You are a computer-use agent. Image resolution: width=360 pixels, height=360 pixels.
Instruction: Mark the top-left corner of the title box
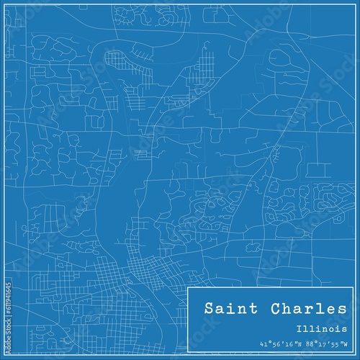(188, 287)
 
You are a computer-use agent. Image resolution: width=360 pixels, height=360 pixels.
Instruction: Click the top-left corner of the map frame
(9, 9)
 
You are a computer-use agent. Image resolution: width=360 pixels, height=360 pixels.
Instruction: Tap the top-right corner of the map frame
(351, 9)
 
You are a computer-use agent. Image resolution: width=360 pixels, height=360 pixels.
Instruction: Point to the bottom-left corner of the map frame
(9, 351)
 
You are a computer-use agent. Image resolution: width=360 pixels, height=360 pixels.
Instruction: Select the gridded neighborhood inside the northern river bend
(117, 62)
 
